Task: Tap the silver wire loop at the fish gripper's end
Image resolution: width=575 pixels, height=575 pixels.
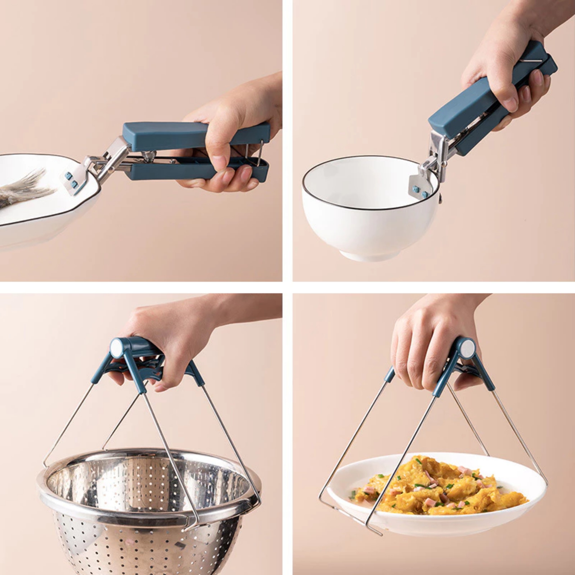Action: pos(261,155)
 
